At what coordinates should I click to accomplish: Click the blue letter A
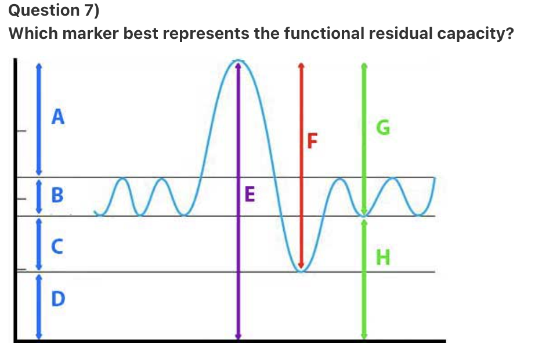click(x=57, y=117)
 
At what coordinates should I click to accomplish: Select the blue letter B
click(x=57, y=195)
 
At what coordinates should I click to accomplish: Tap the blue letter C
click(x=57, y=247)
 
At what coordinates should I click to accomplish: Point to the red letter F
click(x=313, y=141)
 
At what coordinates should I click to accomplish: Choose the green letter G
click(x=381, y=128)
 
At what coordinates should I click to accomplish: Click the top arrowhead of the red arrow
click(x=301, y=65)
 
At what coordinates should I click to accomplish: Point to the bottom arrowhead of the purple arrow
click(x=237, y=336)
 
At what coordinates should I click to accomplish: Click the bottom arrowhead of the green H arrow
click(x=364, y=336)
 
